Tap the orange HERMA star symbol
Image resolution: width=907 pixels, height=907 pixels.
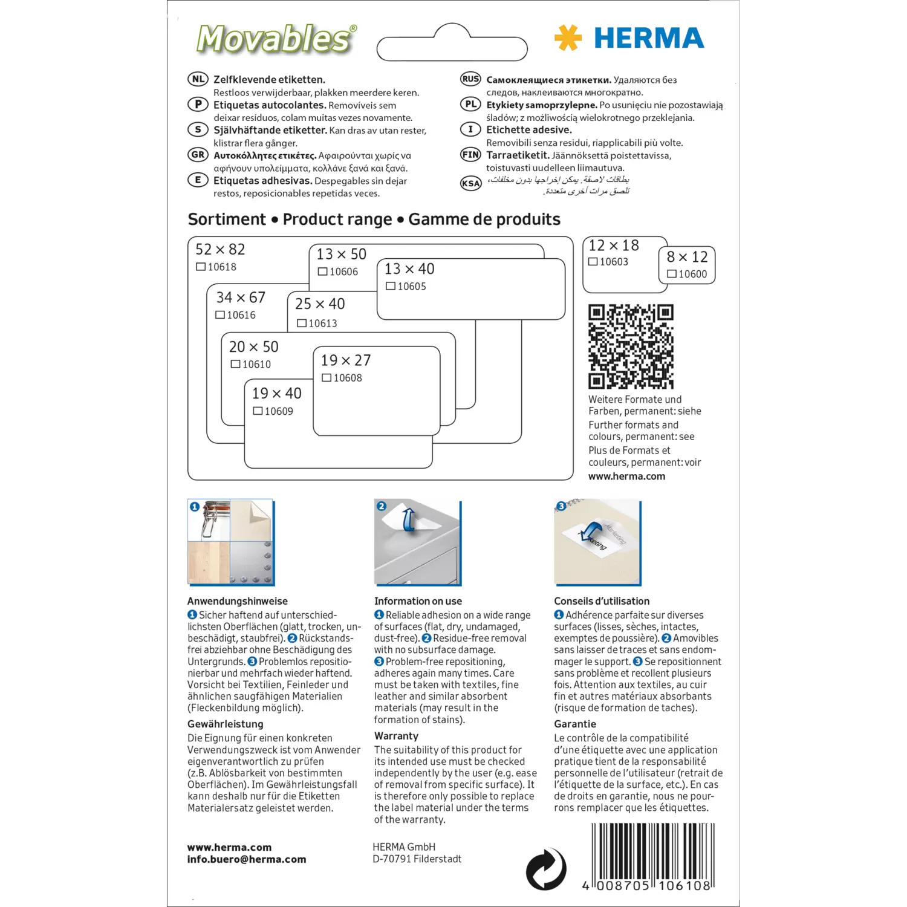(568, 37)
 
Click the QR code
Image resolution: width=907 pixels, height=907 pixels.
(631, 346)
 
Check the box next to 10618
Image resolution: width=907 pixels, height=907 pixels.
(201, 267)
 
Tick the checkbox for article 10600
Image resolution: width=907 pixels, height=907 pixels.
(671, 274)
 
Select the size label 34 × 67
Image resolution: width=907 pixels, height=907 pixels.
(241, 297)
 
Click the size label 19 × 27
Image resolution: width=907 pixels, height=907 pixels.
(345, 360)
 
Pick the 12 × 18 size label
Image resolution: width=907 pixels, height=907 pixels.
(613, 245)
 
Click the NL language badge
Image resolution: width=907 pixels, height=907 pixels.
(198, 79)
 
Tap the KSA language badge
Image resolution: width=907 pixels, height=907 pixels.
(470, 183)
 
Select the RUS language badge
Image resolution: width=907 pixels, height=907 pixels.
(470, 79)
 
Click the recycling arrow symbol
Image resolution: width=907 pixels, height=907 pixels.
(545, 869)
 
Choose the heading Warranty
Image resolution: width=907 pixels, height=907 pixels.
(396, 736)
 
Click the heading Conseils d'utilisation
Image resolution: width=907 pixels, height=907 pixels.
(602, 601)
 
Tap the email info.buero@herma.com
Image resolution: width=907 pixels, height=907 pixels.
(247, 859)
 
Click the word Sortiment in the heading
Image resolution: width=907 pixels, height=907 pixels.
(227, 219)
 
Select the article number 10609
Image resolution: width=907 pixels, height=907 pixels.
(279, 411)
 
